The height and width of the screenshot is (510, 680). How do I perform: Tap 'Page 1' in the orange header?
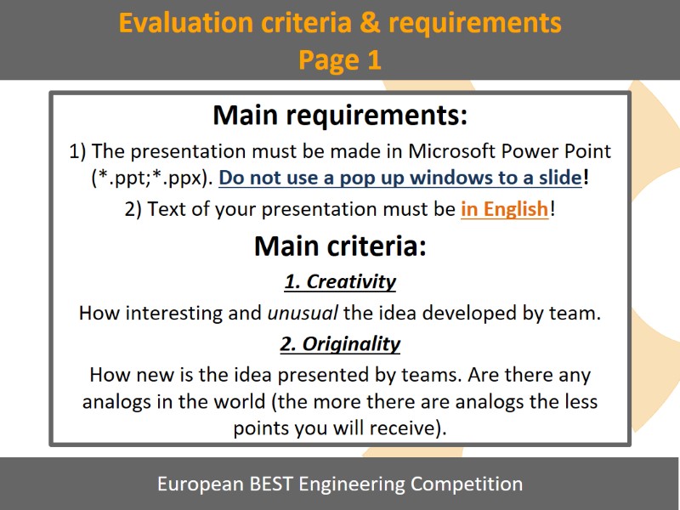pos(339,59)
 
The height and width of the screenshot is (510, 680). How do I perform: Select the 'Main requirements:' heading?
pos(340,115)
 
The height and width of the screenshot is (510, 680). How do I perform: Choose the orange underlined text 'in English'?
pos(504,209)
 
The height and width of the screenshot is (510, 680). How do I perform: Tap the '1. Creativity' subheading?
pos(340,281)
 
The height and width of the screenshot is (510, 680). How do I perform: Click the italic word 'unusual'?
pos(303,313)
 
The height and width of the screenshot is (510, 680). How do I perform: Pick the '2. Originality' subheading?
pos(340,344)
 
